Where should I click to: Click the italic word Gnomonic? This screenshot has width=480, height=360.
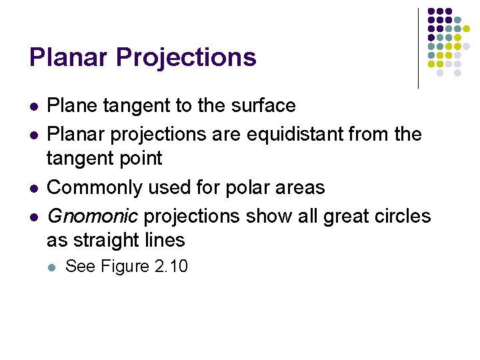[93, 217]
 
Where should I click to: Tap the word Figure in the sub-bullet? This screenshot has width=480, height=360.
[125, 267]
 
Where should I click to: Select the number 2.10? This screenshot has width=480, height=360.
[171, 267]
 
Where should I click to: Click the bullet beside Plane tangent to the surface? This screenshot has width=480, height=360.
[33, 106]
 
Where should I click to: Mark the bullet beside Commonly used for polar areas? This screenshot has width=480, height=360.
[33, 188]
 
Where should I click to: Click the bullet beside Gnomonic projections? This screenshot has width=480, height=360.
[33, 217]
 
